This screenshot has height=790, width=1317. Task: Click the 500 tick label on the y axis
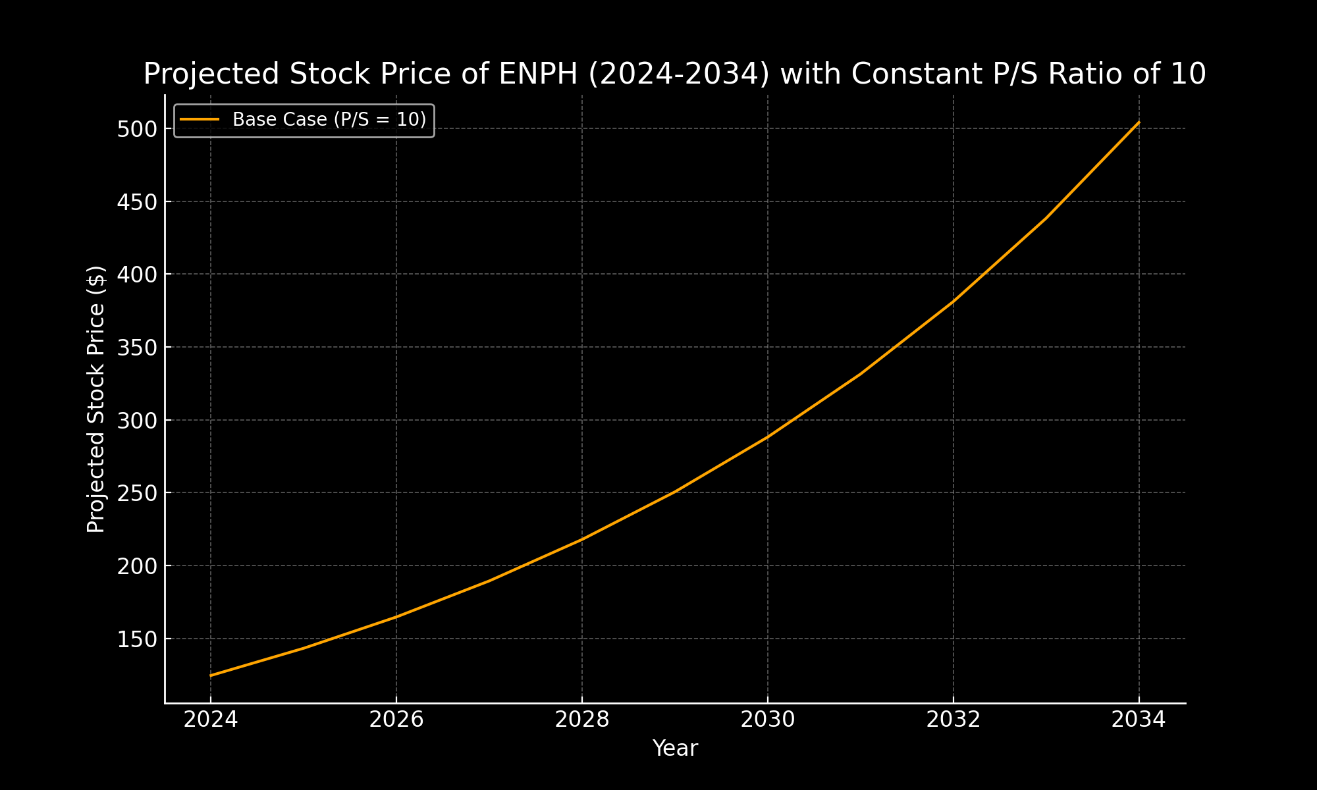(x=137, y=129)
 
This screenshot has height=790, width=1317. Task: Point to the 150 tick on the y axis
(x=137, y=639)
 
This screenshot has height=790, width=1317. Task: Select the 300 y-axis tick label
(x=137, y=421)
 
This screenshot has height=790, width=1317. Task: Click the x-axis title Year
(x=675, y=749)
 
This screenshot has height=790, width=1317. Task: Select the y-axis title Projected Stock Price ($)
(x=96, y=399)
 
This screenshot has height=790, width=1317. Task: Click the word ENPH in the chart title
(x=539, y=74)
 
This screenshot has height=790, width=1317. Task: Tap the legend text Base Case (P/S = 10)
(x=329, y=120)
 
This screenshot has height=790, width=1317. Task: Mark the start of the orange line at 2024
(x=211, y=675)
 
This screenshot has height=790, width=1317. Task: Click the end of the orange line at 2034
(x=1139, y=122)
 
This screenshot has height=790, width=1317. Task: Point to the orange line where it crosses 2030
(x=767, y=436)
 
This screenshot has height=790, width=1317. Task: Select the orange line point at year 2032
(x=953, y=302)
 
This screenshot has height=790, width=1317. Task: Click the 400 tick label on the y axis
(x=137, y=275)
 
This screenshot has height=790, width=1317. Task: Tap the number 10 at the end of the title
(x=1189, y=74)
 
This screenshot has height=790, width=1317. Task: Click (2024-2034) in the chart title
(x=679, y=74)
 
